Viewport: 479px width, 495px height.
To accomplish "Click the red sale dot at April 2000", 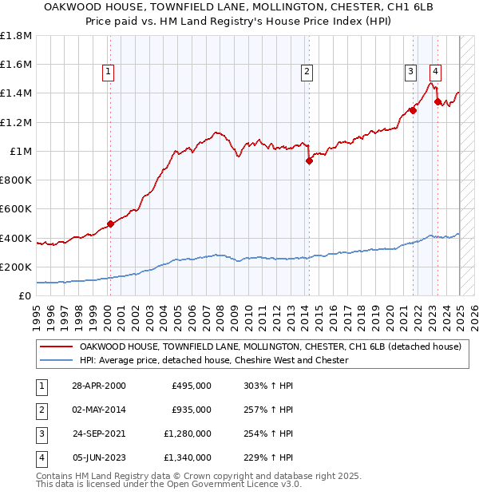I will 110,224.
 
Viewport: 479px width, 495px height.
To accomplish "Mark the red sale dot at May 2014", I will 309,160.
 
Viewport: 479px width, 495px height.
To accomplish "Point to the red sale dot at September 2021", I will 414,110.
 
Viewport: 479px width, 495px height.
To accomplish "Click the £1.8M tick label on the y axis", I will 16,36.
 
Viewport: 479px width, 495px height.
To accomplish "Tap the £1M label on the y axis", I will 20,151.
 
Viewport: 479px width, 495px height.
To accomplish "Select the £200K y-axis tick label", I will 16,267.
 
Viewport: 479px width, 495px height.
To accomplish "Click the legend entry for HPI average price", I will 214,361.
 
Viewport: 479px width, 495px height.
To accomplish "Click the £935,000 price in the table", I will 192,410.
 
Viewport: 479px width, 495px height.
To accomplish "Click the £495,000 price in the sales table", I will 192,386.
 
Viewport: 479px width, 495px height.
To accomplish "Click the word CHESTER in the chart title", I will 314,8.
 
